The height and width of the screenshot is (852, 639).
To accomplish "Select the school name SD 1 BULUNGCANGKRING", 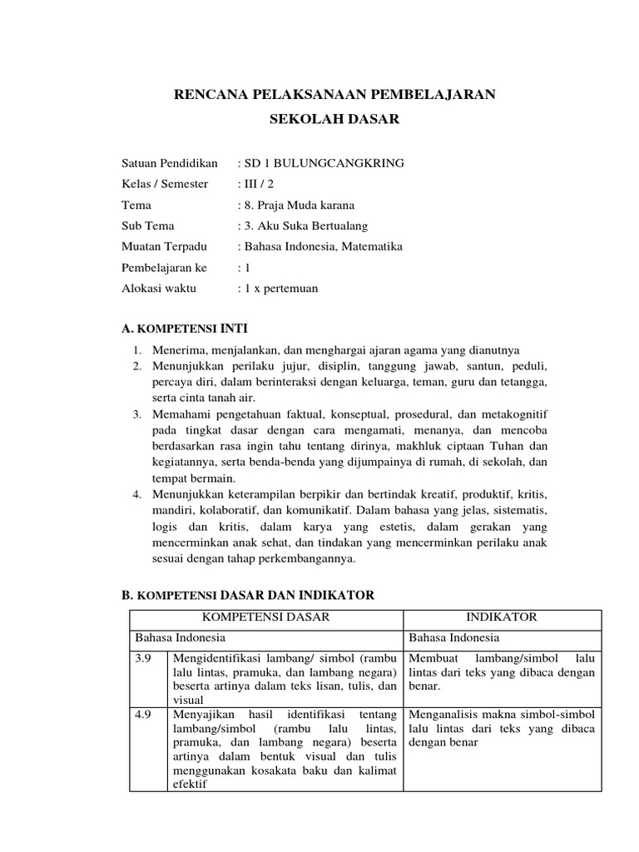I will pos(324,163).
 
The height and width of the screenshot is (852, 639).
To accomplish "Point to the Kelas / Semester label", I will pos(165,184).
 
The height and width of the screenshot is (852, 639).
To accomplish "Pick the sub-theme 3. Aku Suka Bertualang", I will pos(303,225).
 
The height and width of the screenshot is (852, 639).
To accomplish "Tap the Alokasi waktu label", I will pos(158,288).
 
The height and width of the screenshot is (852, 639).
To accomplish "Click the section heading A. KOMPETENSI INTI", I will pos(184,328).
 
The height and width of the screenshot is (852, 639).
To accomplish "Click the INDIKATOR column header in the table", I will pos(503,617).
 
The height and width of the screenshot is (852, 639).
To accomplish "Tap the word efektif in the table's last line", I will pos(190,784).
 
